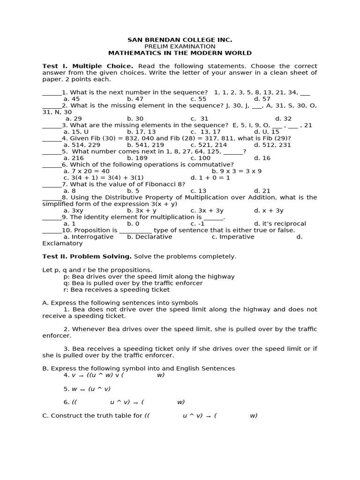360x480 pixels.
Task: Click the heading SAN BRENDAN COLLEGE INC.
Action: pos(180,40)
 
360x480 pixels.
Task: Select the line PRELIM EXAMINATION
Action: pos(180,47)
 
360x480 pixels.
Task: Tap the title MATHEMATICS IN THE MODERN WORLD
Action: pos(180,53)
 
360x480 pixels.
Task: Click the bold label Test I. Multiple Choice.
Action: pos(88,67)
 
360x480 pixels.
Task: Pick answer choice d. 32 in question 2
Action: pos(283,119)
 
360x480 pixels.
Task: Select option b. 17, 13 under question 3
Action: pos(141,132)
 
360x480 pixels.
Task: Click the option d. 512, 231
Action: pos(272,145)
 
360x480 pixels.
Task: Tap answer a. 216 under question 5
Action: pos(74,158)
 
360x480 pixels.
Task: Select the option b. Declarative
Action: pos(150,237)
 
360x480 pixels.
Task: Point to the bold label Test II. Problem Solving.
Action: pos(87,257)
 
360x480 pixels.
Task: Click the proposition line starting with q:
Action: pos(133,283)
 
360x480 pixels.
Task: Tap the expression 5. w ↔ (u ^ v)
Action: pos(87,389)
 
